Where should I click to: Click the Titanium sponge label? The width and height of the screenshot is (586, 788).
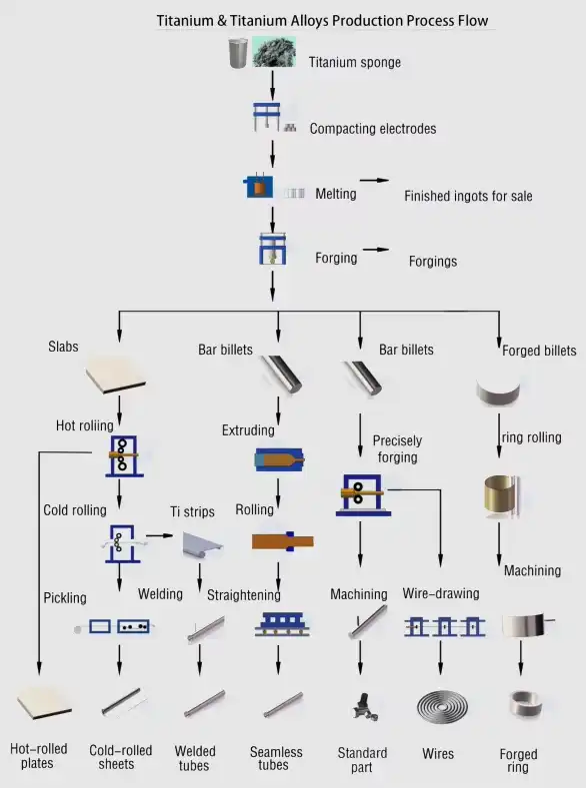point(354,62)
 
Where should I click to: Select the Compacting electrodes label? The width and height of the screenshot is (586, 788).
point(372,129)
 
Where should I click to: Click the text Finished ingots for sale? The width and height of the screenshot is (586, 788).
point(468,197)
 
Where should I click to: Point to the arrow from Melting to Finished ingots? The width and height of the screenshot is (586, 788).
point(374,181)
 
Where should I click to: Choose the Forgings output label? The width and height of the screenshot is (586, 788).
point(432,262)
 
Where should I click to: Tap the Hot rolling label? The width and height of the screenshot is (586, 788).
point(84,426)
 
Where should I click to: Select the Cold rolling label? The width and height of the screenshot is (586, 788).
point(74,510)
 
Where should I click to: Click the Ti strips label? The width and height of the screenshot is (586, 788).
point(192,512)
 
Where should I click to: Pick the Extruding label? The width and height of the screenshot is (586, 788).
point(248,430)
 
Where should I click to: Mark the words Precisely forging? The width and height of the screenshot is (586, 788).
point(397,449)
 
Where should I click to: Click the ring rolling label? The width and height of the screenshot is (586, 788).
point(530,437)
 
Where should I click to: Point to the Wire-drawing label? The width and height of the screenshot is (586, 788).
point(441,593)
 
